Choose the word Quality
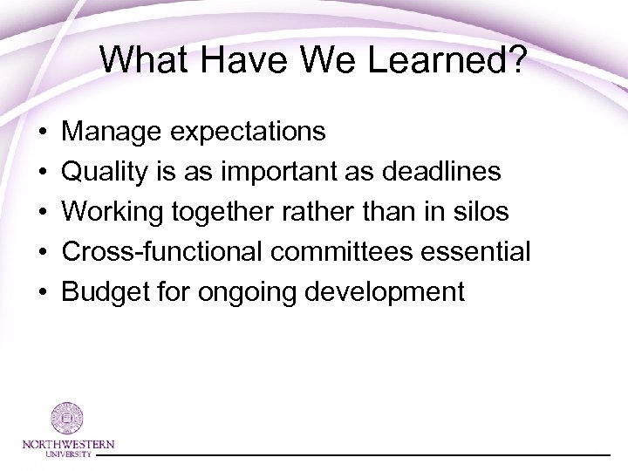(x=107, y=173)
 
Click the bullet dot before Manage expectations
(x=43, y=133)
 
